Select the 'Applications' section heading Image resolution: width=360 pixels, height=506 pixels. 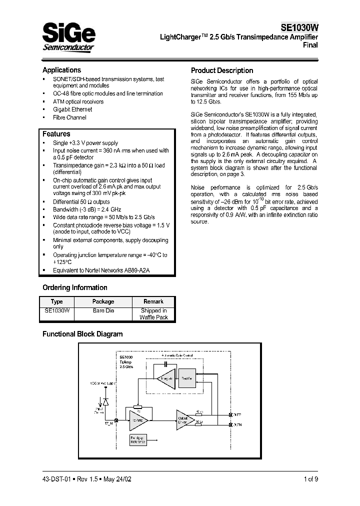tap(61, 70)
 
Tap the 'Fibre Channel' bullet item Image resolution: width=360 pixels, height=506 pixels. tap(69, 117)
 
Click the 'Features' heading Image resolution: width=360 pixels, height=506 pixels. tap(56, 134)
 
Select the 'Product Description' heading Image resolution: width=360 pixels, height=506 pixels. tap(222, 70)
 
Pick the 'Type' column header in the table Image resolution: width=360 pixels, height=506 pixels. tap(57, 301)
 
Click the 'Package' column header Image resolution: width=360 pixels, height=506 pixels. tap(103, 301)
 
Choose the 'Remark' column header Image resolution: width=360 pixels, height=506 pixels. tap(153, 301)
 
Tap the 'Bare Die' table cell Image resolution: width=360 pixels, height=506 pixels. tap(103, 310)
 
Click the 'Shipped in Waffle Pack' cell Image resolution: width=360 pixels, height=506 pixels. tap(153, 314)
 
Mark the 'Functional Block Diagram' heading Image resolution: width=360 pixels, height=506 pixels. tap(82, 334)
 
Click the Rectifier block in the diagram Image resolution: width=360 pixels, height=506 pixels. tap(187, 378)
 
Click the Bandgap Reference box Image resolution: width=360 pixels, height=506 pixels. tap(132, 439)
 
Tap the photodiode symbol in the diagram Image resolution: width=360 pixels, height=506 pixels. tap(105, 401)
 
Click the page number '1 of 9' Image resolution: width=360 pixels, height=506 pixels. tap(308, 478)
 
